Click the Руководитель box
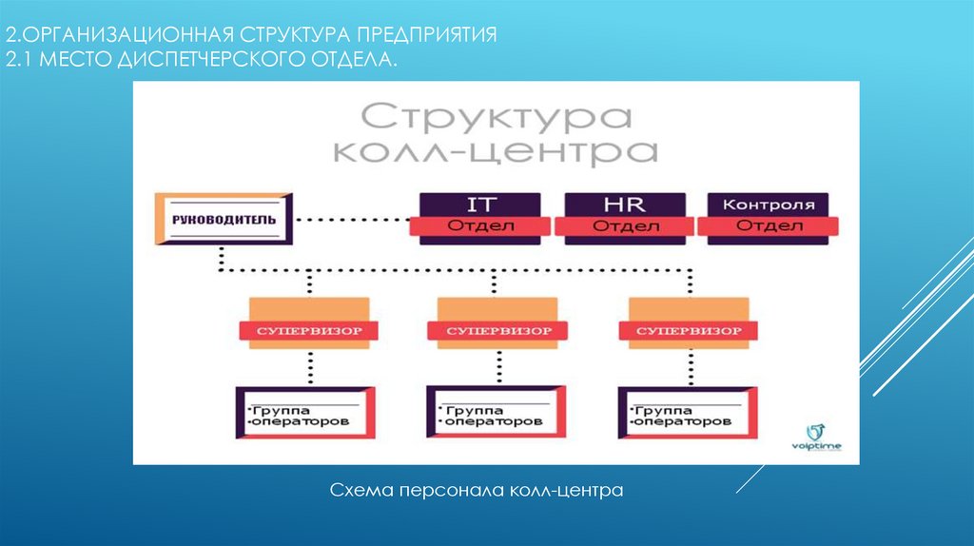pyautogui.click(x=224, y=220)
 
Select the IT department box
pyautogui.click(x=480, y=215)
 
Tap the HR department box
pyautogui.click(x=624, y=215)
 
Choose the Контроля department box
pyautogui.click(x=769, y=215)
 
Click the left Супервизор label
pyautogui.click(x=307, y=331)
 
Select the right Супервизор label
pyautogui.click(x=688, y=331)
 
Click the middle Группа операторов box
pyautogui.click(x=496, y=414)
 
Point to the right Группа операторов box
pyautogui.click(x=687, y=414)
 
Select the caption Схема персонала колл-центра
pyautogui.click(x=476, y=491)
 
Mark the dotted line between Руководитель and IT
pyautogui.click(x=352, y=221)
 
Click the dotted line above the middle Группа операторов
pyautogui.click(x=497, y=366)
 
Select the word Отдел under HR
pyautogui.click(x=624, y=226)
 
